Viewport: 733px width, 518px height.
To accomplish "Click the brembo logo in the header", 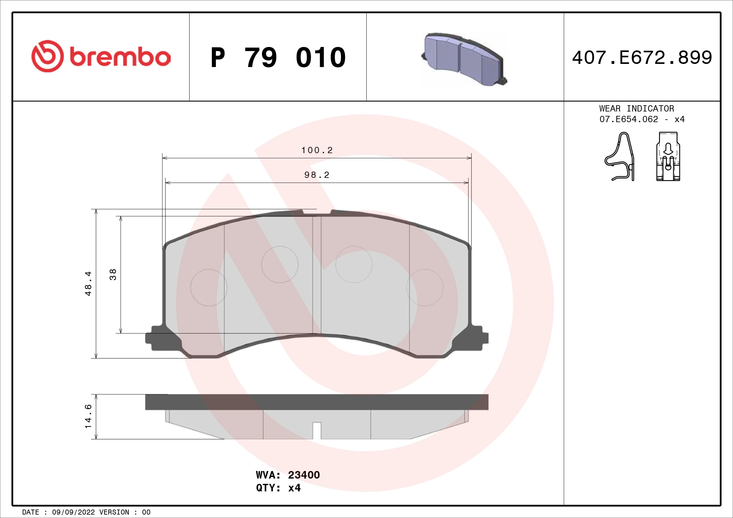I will [101, 56].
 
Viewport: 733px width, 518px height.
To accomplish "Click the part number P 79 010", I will [278, 58].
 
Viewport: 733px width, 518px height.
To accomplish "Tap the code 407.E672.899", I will [642, 58].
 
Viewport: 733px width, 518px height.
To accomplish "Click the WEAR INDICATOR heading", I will [636, 108].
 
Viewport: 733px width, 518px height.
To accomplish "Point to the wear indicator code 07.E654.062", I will [629, 119].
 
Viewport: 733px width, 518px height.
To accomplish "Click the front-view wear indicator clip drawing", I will [668, 157].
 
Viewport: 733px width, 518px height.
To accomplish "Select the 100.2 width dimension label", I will [317, 150].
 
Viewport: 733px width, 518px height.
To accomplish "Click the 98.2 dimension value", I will [317, 175].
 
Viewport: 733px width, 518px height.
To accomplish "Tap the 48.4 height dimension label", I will [88, 283].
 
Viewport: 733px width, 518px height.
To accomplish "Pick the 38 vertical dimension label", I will [113, 275].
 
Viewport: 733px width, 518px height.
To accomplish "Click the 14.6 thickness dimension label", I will [88, 417].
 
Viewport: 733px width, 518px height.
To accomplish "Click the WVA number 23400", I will [304, 475].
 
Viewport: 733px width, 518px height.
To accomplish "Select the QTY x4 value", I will [294, 488].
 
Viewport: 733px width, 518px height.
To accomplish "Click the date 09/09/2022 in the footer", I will [73, 512].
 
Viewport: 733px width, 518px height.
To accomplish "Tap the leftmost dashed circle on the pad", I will [209, 288].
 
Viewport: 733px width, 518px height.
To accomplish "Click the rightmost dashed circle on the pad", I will [425, 288].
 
